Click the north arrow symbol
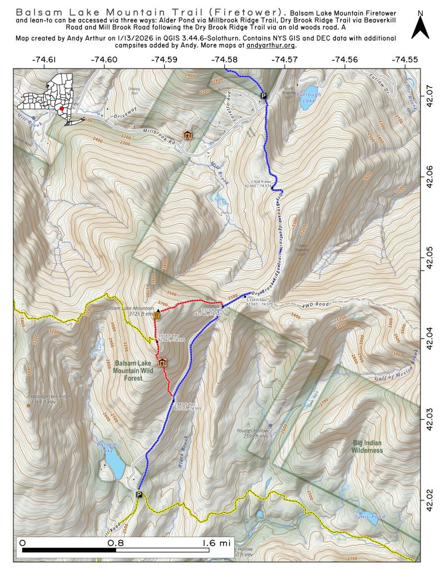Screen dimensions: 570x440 [x=421, y=27]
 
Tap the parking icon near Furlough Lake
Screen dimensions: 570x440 [x=264, y=96]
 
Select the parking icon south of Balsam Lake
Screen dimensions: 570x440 [x=139, y=494]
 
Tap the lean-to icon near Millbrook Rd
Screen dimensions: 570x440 [x=187, y=135]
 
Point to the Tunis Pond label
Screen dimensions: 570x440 [x=369, y=517]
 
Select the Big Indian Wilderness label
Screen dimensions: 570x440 [x=367, y=446]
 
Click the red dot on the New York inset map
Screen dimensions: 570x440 [x=62, y=109]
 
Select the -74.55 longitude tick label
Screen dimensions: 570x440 [x=404, y=60]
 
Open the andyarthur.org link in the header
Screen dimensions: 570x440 [x=271, y=46]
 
